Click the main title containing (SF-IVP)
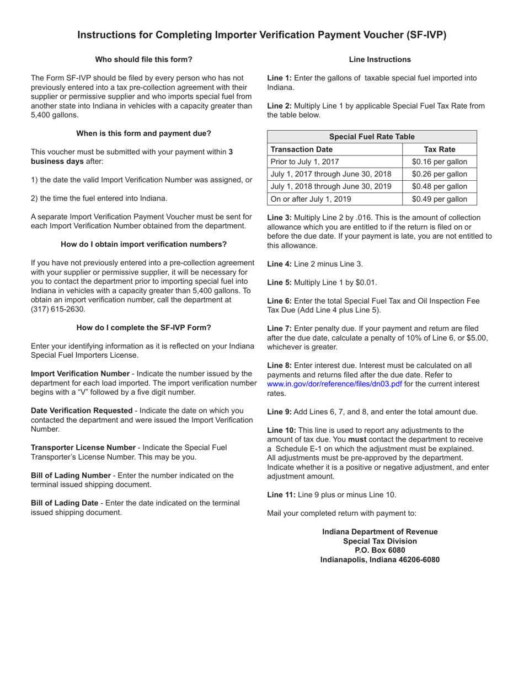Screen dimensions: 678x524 (261, 35)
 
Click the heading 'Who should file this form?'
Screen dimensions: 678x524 (143, 60)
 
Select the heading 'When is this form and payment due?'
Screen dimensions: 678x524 (143, 133)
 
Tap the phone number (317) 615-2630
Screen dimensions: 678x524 (58, 309)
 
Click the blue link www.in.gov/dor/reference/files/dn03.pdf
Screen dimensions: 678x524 (334, 384)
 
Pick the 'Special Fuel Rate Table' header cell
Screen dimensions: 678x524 (372, 137)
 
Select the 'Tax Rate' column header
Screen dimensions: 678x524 (439, 149)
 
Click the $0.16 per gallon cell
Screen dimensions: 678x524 (439, 162)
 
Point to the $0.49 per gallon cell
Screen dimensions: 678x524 (439, 200)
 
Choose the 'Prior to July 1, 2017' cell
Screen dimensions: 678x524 (305, 162)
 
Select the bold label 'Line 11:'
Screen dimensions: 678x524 (281, 495)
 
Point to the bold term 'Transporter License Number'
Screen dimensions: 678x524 (83, 448)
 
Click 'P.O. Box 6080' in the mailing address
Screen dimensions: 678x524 (379, 550)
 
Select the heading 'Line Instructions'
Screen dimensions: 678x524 (379, 60)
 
